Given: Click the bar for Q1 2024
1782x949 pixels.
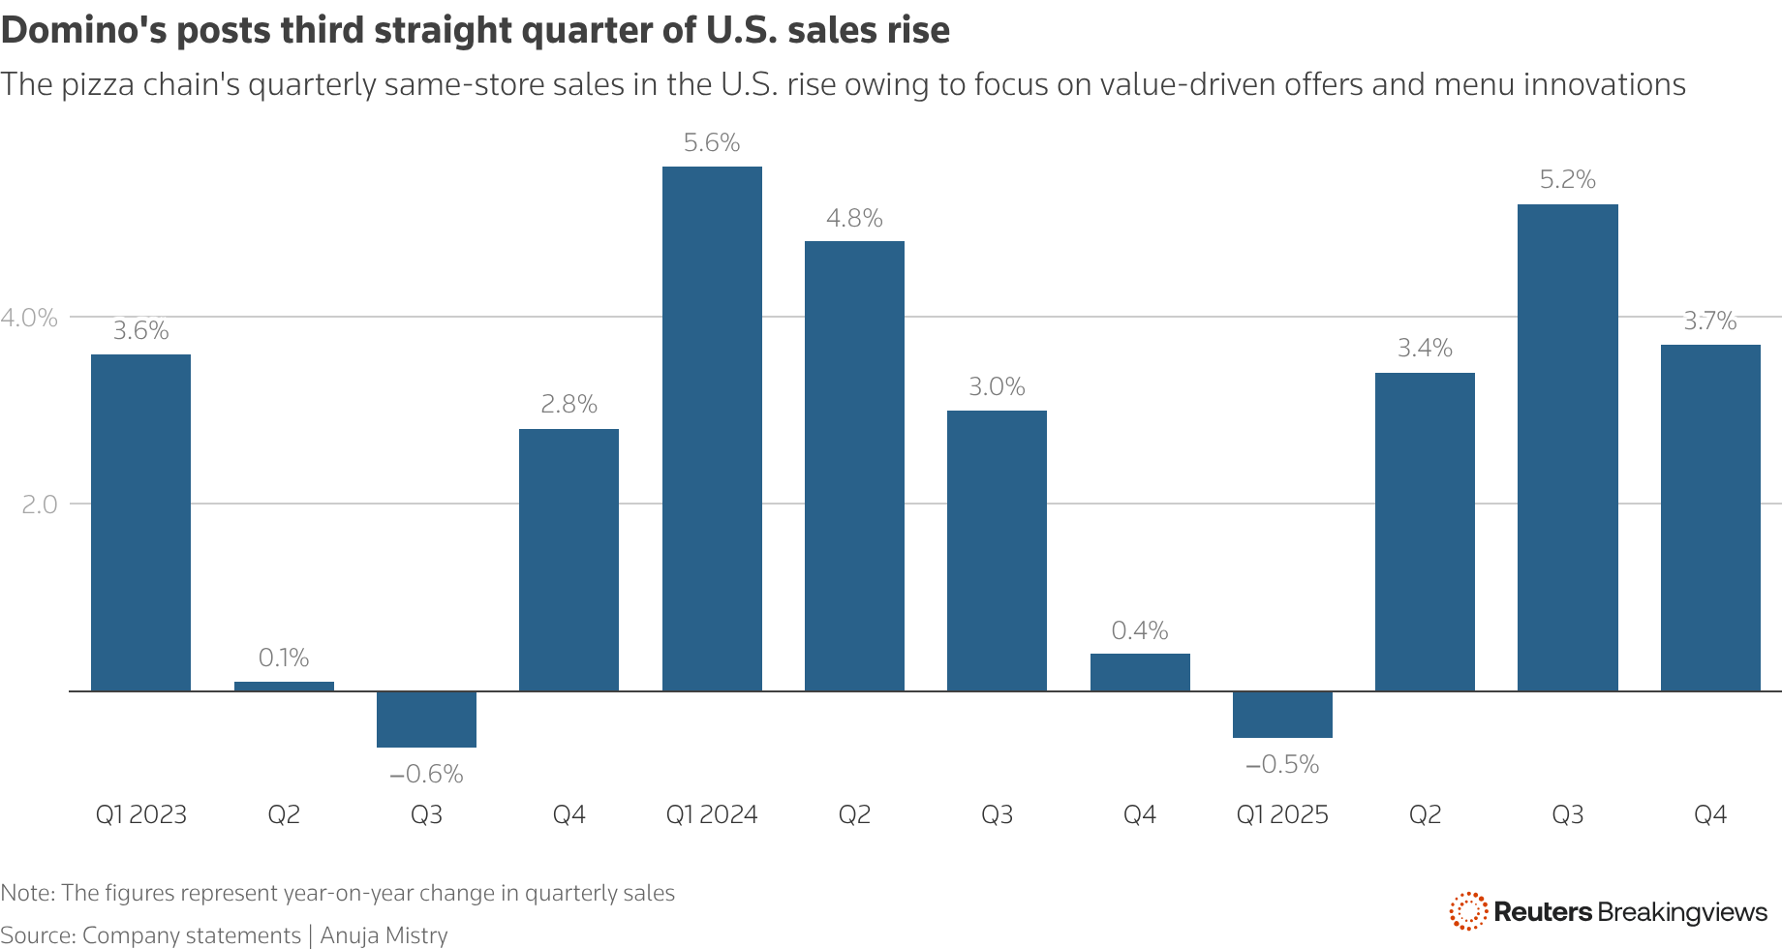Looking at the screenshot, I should point(712,429).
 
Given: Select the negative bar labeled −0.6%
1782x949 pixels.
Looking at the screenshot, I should point(426,719).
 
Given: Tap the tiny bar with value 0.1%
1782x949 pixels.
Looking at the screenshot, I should point(284,686).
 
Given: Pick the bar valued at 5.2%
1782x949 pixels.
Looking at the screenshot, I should point(1567,447).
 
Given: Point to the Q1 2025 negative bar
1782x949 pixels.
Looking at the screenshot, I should point(1282,715).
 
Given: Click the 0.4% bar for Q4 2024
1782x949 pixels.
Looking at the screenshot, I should point(1140,672).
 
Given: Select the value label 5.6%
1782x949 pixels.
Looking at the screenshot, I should point(711,143).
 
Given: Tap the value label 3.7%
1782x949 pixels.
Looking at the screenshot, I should point(1709,321).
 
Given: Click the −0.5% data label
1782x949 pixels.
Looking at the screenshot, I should point(1282,765).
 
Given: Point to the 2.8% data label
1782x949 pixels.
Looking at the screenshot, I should point(568,405).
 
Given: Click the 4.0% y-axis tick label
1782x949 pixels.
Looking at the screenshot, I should point(29,318).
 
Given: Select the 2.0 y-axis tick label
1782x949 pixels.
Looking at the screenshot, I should point(40,505).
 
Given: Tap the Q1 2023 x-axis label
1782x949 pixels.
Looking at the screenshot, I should point(140,814).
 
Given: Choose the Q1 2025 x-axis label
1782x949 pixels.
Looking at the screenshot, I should point(1282,814).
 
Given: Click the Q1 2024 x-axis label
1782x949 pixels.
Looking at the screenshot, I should point(712,814).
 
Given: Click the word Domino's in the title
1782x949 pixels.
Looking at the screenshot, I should point(83,31).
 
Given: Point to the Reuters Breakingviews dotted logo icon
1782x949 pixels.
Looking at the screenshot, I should point(1468,911).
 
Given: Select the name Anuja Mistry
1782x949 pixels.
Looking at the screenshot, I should point(384,934).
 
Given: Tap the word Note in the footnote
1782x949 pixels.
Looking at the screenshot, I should point(26,893).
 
